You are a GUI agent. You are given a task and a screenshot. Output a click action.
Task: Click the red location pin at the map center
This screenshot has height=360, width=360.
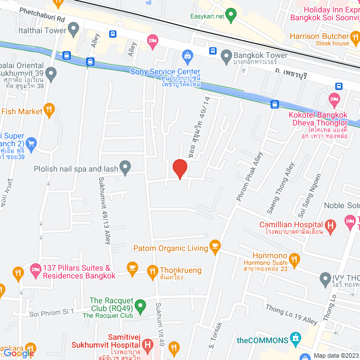(x=179, y=169)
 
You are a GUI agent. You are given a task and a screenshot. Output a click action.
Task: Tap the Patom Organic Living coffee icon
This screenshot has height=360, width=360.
(x=214, y=246)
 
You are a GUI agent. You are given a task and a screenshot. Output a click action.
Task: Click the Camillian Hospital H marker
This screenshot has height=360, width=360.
(x=330, y=226)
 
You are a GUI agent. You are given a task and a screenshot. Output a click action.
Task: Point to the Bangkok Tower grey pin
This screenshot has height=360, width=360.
(x=226, y=56)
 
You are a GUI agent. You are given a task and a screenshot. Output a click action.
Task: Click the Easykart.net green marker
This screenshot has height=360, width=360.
(x=229, y=14)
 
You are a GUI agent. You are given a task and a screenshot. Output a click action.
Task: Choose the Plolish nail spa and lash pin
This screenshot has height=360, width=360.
(x=125, y=167)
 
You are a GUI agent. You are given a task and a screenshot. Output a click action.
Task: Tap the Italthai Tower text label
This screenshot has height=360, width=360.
(x=42, y=31)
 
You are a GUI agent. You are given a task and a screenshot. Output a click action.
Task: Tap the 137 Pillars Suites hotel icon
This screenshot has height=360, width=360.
(x=35, y=269)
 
